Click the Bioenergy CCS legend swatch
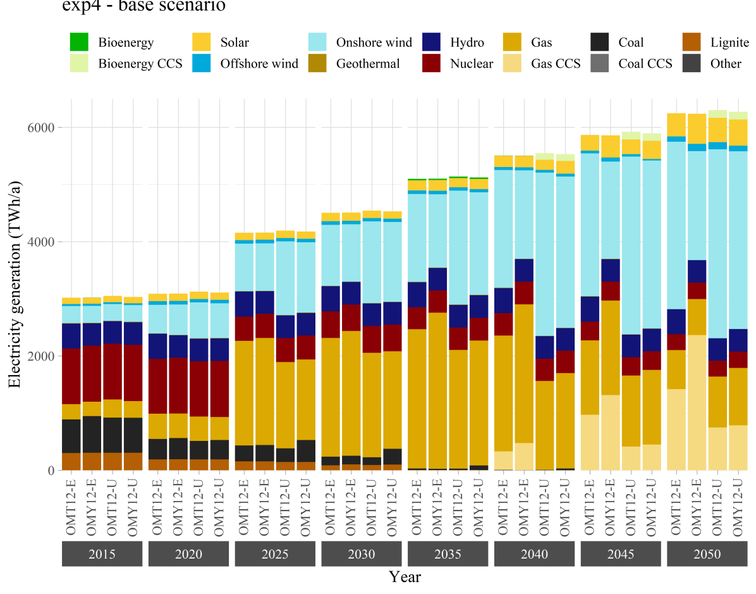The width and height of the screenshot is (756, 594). [x=79, y=63]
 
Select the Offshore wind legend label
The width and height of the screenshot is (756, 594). [x=259, y=63]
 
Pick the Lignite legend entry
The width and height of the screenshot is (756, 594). [x=729, y=43]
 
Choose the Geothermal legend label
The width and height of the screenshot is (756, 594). [x=368, y=63]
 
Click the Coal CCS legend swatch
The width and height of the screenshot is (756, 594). [x=600, y=63]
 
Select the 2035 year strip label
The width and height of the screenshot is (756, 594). [x=448, y=554]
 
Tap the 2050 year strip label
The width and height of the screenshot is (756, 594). [x=707, y=554]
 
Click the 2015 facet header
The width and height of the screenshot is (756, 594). [x=102, y=554]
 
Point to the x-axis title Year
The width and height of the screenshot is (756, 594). [x=405, y=577]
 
